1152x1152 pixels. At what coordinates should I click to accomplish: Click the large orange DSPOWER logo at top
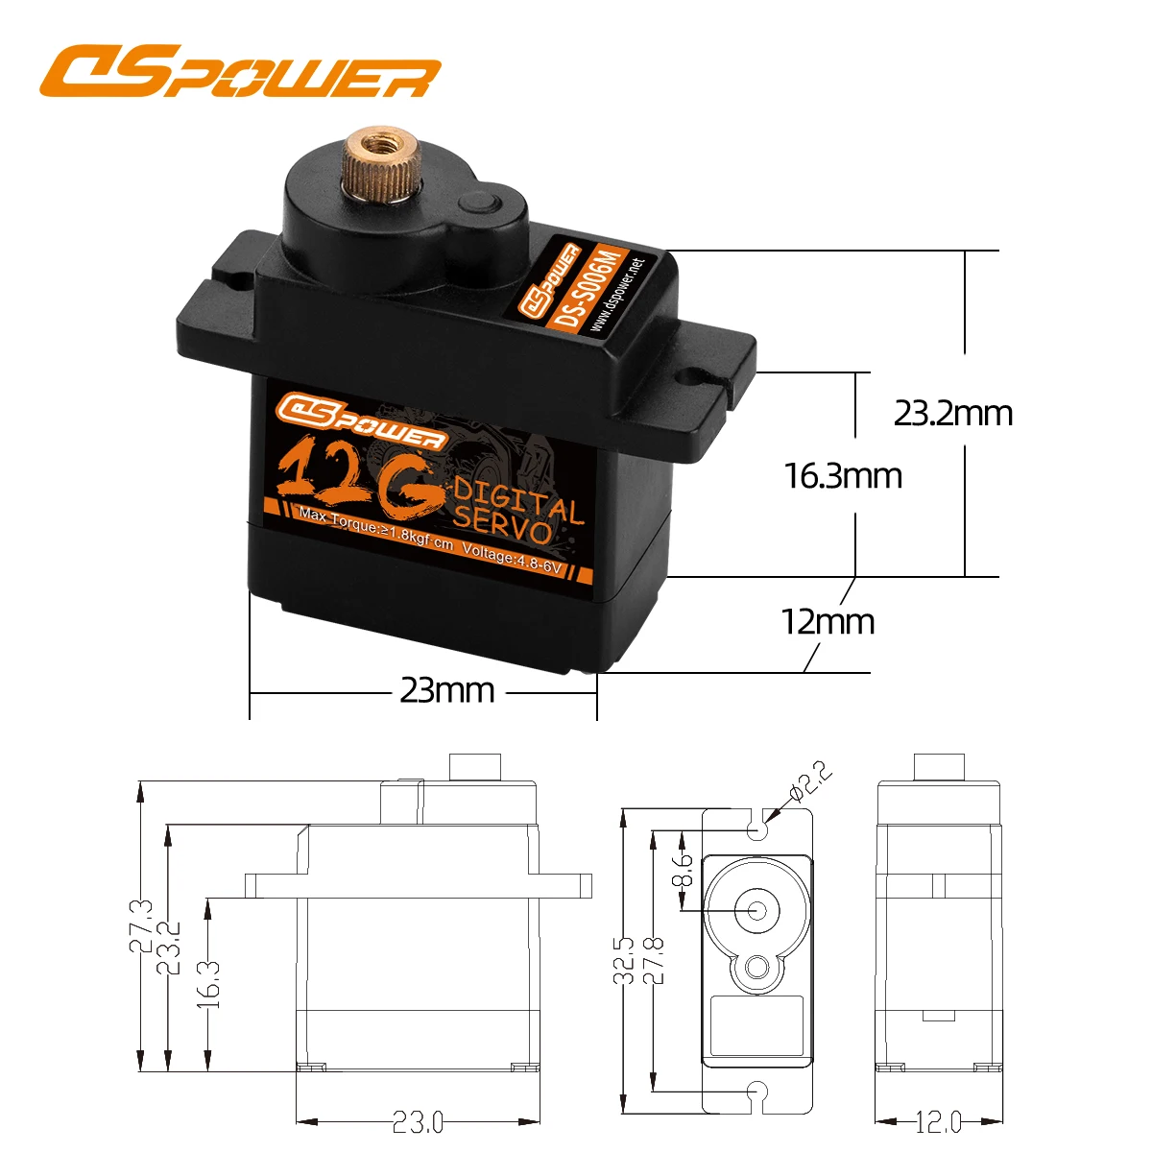click(240, 73)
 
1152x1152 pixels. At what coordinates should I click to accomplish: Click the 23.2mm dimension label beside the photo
click(952, 413)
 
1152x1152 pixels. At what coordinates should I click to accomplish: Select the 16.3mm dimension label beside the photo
click(843, 475)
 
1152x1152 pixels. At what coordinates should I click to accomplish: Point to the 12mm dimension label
click(828, 622)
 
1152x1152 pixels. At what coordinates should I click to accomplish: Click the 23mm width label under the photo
click(446, 689)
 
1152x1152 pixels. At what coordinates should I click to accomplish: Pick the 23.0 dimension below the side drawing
click(418, 1121)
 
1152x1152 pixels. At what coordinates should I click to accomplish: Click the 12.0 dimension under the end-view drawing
click(938, 1121)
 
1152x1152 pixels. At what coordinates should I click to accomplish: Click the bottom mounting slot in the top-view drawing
click(757, 1092)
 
